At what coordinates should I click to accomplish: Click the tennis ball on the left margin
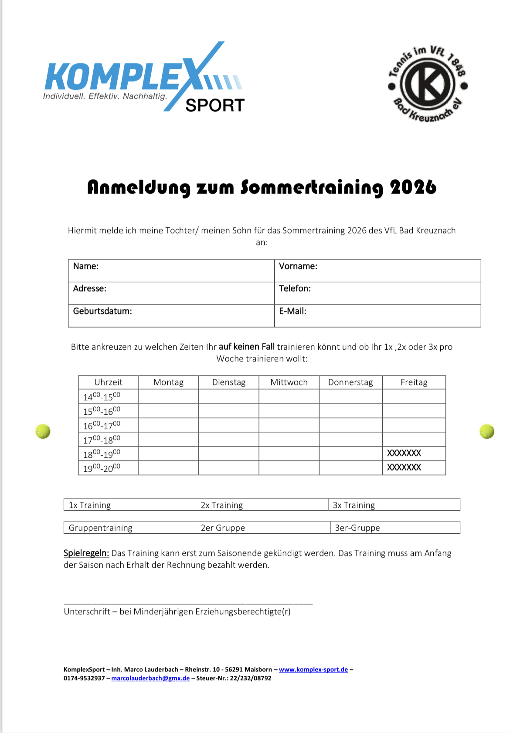coord(43,431)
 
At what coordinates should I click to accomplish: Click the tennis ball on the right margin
coord(487,431)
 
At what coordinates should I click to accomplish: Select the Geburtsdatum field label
coord(102,311)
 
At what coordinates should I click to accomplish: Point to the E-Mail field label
coord(292,311)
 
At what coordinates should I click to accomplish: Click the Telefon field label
coord(295,289)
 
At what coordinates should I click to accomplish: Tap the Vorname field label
coord(298,266)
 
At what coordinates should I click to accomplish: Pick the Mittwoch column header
coord(289,382)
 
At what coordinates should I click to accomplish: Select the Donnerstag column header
coord(350,382)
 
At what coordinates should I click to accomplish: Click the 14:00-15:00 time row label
coord(102,396)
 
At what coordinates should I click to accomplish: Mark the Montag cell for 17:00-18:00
coord(168,439)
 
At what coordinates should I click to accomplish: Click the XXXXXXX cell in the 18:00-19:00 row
coord(404,453)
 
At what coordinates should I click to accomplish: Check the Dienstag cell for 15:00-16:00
coord(228,411)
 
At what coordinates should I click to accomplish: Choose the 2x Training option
coord(222,505)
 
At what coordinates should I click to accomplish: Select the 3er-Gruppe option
coord(357,528)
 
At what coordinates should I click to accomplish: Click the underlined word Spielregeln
coord(86,553)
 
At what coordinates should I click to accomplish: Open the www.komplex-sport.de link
coord(313,669)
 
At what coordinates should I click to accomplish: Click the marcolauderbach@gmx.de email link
coord(150,678)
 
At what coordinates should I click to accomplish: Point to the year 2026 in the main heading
coord(413,187)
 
